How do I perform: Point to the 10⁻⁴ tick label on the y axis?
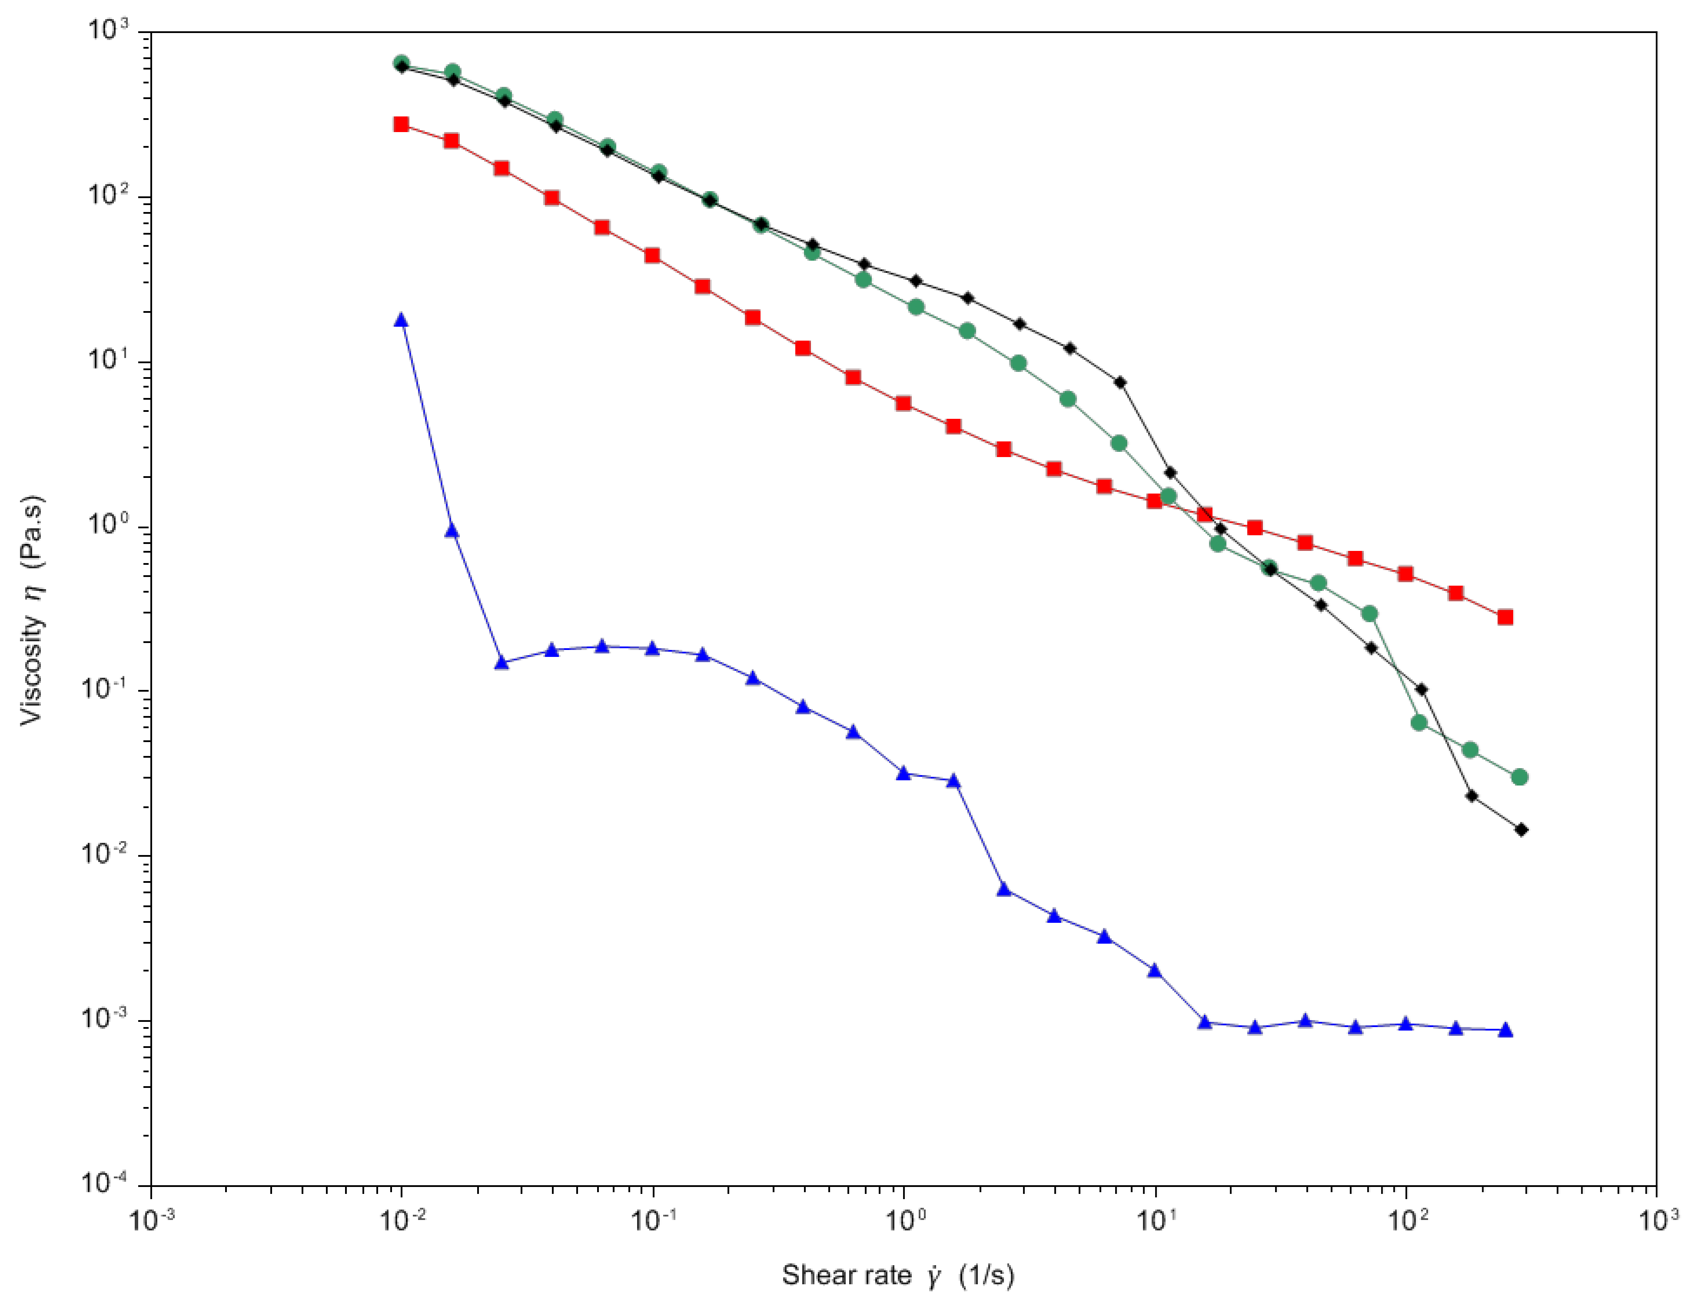[x=104, y=1185]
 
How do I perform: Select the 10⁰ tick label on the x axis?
[x=903, y=1220]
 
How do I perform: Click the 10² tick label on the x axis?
[x=1405, y=1220]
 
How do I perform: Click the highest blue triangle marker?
[x=401, y=319]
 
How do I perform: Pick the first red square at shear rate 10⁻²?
[x=401, y=124]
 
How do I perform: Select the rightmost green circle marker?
[x=1520, y=777]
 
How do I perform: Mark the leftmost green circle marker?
[x=401, y=63]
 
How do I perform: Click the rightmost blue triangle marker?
[x=1505, y=1030]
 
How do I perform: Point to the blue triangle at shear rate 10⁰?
[x=903, y=773]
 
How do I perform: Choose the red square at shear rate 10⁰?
[x=903, y=404]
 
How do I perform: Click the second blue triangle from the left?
[x=452, y=531]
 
